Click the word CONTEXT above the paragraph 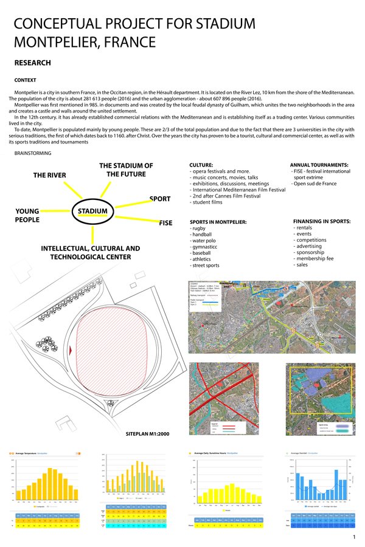pyautogui.click(x=25, y=80)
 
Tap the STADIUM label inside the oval pyautogui.click(x=93, y=212)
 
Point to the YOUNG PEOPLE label pyautogui.click(x=27, y=216)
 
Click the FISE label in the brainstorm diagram pyautogui.click(x=166, y=223)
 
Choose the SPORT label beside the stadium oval pyautogui.click(x=159, y=199)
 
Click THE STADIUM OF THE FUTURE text pyautogui.click(x=126, y=170)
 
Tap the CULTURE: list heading pyautogui.click(x=201, y=165)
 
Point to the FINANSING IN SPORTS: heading pyautogui.click(x=322, y=221)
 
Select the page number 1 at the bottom pyautogui.click(x=353, y=538)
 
